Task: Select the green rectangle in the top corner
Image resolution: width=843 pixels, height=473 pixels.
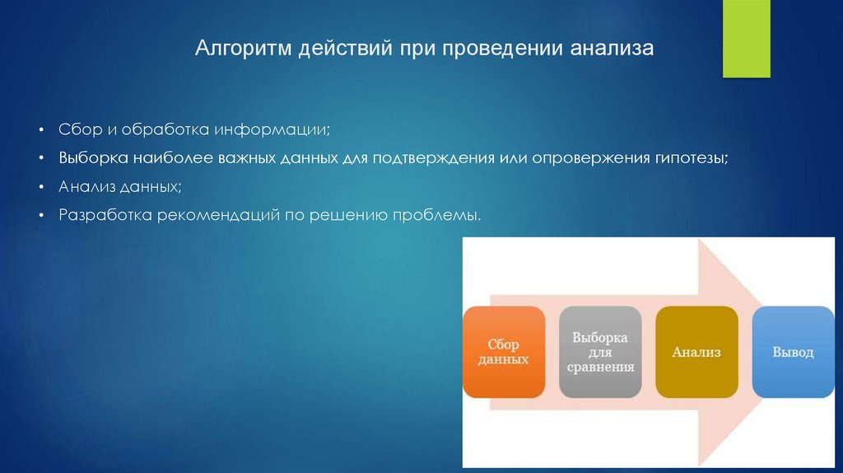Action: point(746,39)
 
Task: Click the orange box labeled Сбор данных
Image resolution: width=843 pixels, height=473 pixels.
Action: point(504,352)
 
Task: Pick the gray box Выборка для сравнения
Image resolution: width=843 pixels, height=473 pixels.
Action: point(600,352)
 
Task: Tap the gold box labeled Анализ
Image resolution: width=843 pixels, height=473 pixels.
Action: point(696,352)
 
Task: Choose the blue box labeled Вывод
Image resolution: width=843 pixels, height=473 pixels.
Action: point(793,352)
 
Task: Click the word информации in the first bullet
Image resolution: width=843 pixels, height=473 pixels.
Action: point(272,129)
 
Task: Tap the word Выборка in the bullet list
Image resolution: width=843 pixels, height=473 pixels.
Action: point(94,158)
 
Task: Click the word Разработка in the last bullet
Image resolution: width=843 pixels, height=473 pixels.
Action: point(105,215)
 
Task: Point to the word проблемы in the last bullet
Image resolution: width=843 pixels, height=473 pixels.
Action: point(436,215)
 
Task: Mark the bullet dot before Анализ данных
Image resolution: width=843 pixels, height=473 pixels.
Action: point(41,187)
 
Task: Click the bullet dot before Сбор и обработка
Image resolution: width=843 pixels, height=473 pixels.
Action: point(41,129)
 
